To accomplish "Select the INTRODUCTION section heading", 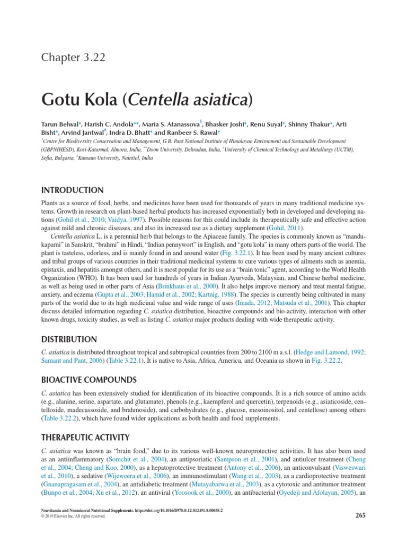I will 72,190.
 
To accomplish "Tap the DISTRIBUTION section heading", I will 69,339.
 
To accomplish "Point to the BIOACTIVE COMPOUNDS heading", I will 89,379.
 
